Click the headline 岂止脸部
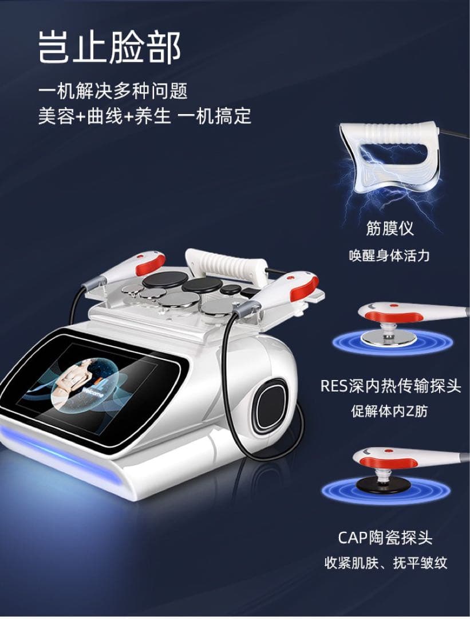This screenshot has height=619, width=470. point(109,47)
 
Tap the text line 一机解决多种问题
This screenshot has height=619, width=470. point(113,92)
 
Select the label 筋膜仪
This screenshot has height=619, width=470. point(389,229)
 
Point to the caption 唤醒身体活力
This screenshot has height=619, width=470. point(389,256)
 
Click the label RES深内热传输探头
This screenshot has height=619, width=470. point(390,386)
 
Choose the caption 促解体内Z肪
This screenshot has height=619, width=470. point(389,412)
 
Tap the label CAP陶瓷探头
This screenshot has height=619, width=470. point(385,538)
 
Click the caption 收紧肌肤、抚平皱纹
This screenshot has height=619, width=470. point(386,563)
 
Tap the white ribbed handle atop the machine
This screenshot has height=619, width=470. point(226,264)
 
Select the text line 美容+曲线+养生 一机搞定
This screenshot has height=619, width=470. point(145,116)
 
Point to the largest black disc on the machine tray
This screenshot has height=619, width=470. point(165,280)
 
